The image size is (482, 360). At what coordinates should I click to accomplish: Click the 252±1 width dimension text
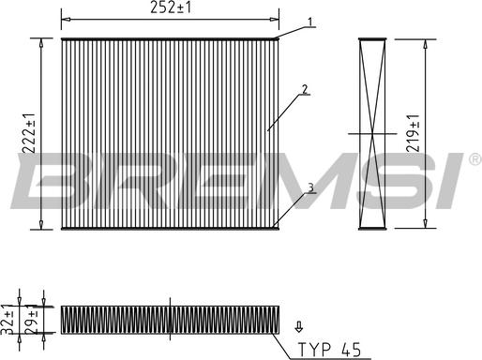click(171, 7)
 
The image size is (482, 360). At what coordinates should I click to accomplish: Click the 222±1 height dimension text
click(29, 133)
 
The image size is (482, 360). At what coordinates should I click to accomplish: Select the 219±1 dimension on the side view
click(413, 133)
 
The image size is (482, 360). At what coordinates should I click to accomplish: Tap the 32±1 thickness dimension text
click(7, 319)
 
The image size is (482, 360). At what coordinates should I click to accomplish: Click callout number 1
click(309, 22)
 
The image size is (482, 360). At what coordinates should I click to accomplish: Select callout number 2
click(305, 89)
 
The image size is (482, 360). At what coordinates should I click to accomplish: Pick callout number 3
click(310, 187)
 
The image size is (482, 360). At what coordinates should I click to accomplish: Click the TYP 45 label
click(330, 350)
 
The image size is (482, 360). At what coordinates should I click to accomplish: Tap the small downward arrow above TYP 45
click(299, 327)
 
